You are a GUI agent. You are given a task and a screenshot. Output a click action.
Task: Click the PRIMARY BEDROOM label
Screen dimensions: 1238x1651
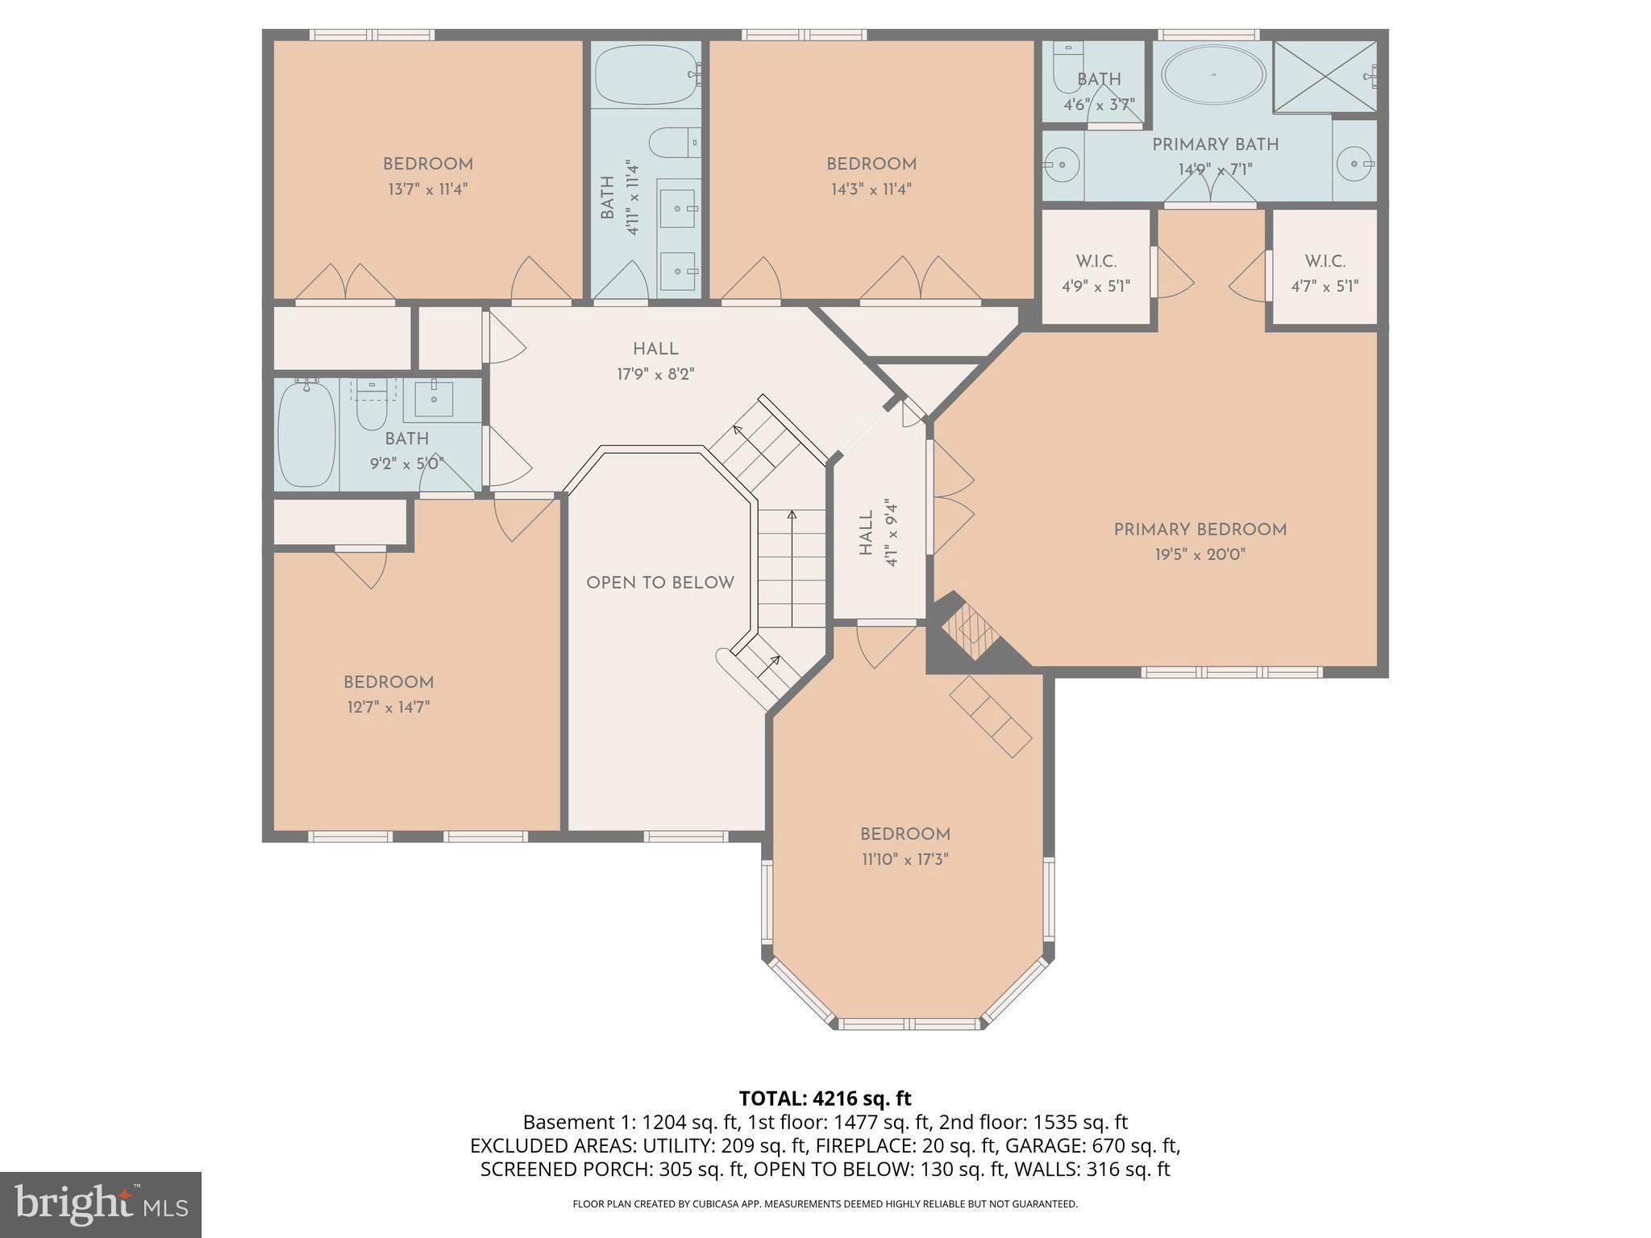point(1200,530)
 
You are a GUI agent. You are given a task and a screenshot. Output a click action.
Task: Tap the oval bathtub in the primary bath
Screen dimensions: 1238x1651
point(1212,75)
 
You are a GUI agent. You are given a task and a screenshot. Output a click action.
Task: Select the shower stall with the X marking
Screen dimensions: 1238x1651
point(1324,77)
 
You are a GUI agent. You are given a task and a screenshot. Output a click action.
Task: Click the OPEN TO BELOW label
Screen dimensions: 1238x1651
point(659,583)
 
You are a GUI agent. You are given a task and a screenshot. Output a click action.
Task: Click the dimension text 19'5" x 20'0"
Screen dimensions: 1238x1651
point(1200,555)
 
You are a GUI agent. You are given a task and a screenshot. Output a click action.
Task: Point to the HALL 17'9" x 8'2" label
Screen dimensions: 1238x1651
point(655,361)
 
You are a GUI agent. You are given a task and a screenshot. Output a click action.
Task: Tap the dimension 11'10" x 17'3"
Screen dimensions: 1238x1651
point(905,860)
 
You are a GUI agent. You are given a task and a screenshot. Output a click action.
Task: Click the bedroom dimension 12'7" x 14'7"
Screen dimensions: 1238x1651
point(389,708)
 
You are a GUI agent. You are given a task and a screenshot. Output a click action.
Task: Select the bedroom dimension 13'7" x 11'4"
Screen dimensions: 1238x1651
point(427,189)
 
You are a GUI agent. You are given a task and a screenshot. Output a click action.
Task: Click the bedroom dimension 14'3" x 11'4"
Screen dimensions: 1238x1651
point(871,189)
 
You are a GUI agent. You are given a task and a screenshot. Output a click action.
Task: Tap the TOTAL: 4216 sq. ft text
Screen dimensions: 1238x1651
point(825,1099)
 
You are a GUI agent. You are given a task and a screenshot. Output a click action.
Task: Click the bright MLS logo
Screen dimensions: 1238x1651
point(100,1204)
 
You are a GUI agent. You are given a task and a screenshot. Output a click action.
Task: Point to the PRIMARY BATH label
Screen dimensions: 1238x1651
point(1215,145)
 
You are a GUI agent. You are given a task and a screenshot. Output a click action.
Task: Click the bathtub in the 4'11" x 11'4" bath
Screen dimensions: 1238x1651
point(647,75)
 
